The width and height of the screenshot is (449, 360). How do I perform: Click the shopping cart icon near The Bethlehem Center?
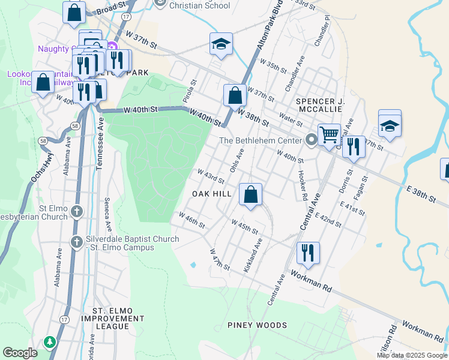(x=329, y=134)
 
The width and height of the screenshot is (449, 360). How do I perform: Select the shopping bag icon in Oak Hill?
(x=251, y=194)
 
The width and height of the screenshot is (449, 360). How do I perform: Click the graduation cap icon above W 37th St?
(x=221, y=44)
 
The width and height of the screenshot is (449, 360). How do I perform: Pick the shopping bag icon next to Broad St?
(x=74, y=12)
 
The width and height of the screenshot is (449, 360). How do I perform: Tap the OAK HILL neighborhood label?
(x=211, y=194)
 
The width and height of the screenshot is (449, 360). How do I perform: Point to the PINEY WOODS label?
(x=257, y=325)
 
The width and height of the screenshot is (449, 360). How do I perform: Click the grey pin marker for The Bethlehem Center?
(x=311, y=140)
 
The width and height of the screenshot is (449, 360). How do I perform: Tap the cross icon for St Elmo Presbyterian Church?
(x=76, y=211)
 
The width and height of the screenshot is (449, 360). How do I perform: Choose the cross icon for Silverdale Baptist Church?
(x=76, y=242)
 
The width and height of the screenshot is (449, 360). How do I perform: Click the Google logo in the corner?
(x=20, y=353)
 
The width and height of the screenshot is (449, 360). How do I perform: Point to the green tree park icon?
(x=50, y=341)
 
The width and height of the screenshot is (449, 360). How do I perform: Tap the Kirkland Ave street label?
(x=253, y=256)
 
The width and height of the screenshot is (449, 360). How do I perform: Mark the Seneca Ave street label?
(x=108, y=214)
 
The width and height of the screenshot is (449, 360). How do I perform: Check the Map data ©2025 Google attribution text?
(x=412, y=355)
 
